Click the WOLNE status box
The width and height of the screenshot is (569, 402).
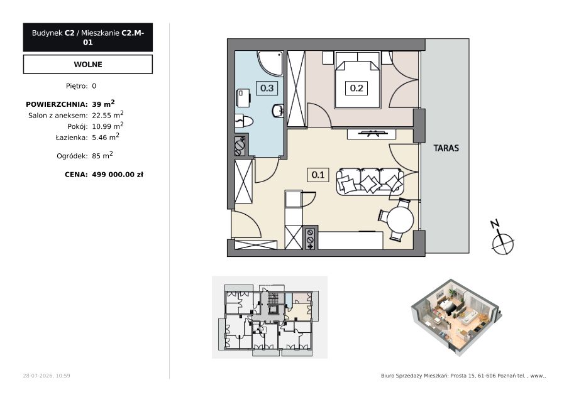88,64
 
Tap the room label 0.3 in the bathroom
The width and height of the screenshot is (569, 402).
267,88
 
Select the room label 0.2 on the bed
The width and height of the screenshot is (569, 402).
356,88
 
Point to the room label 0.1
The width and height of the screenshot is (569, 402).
318,175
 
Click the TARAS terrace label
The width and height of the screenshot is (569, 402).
446,148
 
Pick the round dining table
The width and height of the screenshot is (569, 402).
400,220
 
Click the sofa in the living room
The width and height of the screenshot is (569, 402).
370,182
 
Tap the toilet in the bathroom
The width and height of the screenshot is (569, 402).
244,121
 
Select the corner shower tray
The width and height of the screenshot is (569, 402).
270,63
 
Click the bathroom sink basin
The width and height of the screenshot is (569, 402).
278,111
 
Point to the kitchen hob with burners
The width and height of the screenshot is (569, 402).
310,239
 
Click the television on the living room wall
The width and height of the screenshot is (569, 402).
371,133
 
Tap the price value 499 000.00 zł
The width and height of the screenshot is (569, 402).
118,175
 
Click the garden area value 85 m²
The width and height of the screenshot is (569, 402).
102,156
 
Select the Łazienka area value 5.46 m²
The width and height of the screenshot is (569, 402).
106,137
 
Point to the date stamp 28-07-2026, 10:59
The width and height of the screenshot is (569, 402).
47,376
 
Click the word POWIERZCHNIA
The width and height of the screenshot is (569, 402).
57,104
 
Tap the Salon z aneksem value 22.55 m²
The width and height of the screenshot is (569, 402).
108,115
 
